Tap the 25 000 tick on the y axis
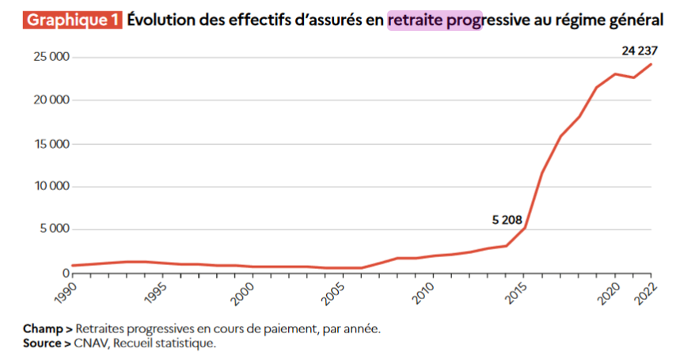tap(49, 58)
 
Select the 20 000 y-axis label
tap(49, 100)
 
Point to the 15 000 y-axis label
tap(49, 144)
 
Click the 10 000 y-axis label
tap(49, 187)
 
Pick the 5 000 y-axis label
tap(52, 229)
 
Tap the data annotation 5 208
tap(507, 220)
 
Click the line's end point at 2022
tap(651, 64)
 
